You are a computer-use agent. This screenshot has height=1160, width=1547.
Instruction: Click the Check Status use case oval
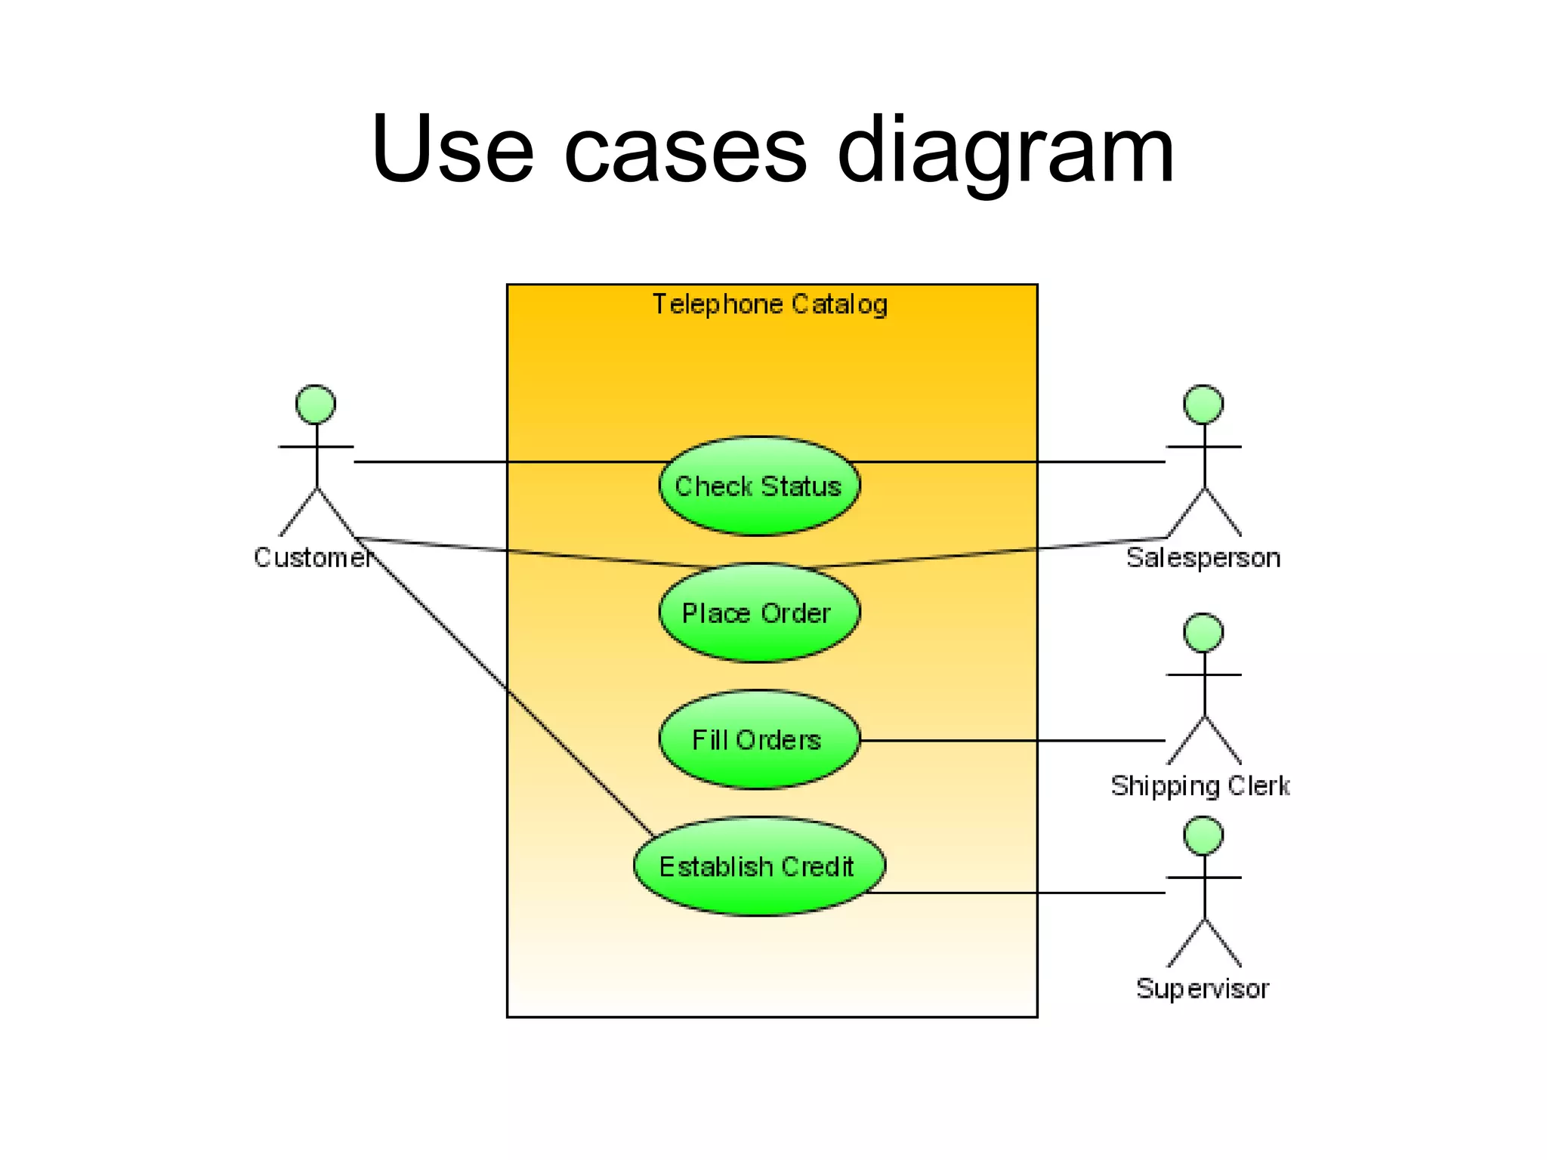758,486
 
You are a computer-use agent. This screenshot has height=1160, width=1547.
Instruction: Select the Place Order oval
758,613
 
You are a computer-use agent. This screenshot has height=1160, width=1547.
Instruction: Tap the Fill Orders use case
758,740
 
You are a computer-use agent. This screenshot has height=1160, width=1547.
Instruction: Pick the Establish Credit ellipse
758,867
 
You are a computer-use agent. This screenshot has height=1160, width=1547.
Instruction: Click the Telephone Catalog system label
770,304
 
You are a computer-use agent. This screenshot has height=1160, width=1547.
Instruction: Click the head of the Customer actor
316,405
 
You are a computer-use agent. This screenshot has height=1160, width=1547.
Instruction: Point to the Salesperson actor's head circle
1203,405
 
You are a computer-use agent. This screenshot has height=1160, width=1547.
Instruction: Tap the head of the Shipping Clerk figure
1203,633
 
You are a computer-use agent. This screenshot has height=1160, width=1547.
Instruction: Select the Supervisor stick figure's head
1203,835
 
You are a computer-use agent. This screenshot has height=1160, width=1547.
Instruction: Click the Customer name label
312,557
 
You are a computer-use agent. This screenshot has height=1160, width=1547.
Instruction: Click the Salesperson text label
1203,558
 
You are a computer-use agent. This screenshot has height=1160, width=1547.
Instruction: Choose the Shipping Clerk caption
1200,786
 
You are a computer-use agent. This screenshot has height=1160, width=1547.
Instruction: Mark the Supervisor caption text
1203,989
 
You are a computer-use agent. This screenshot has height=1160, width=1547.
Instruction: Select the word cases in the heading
685,151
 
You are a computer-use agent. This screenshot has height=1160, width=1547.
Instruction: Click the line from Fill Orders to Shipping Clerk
1012,741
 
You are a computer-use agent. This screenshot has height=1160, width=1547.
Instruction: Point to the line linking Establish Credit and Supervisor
1020,893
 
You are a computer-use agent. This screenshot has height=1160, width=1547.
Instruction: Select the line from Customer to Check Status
506,461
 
